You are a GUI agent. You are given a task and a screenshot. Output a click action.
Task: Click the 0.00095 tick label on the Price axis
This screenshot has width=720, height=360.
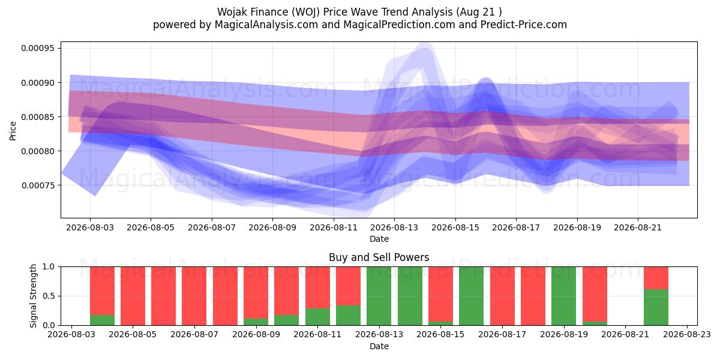point(38,49)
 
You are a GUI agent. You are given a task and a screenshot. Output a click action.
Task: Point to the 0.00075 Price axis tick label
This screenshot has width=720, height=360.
point(38,185)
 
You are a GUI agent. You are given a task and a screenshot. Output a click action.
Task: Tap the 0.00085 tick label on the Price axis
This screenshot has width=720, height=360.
point(38,117)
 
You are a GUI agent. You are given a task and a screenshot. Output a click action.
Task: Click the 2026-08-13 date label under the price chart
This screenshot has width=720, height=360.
point(394,227)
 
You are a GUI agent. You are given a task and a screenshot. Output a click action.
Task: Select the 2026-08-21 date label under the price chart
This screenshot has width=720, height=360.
point(638,227)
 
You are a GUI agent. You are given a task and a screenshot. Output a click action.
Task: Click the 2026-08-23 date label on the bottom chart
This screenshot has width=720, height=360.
point(687,334)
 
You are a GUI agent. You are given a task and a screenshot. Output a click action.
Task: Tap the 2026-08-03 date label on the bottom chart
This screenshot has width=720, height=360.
point(71,334)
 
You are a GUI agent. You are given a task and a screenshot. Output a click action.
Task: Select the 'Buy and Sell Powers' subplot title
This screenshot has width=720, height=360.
point(379,257)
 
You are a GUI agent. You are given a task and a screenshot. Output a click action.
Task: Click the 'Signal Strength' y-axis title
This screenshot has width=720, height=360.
point(33,296)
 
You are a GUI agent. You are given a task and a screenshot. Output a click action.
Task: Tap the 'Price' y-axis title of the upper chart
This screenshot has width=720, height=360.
point(13,131)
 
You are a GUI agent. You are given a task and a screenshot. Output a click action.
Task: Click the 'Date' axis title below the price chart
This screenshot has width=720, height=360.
point(379,239)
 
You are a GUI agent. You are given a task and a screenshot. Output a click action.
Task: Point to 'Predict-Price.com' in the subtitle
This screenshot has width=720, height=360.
point(524,25)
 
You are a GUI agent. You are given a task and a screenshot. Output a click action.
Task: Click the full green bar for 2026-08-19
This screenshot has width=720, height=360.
point(564,296)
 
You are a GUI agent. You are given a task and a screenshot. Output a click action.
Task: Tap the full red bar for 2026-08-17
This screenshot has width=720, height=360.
point(502,296)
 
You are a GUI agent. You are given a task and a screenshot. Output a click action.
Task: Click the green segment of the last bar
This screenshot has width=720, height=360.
point(656,307)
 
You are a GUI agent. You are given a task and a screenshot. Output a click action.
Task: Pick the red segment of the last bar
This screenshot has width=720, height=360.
point(656,278)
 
